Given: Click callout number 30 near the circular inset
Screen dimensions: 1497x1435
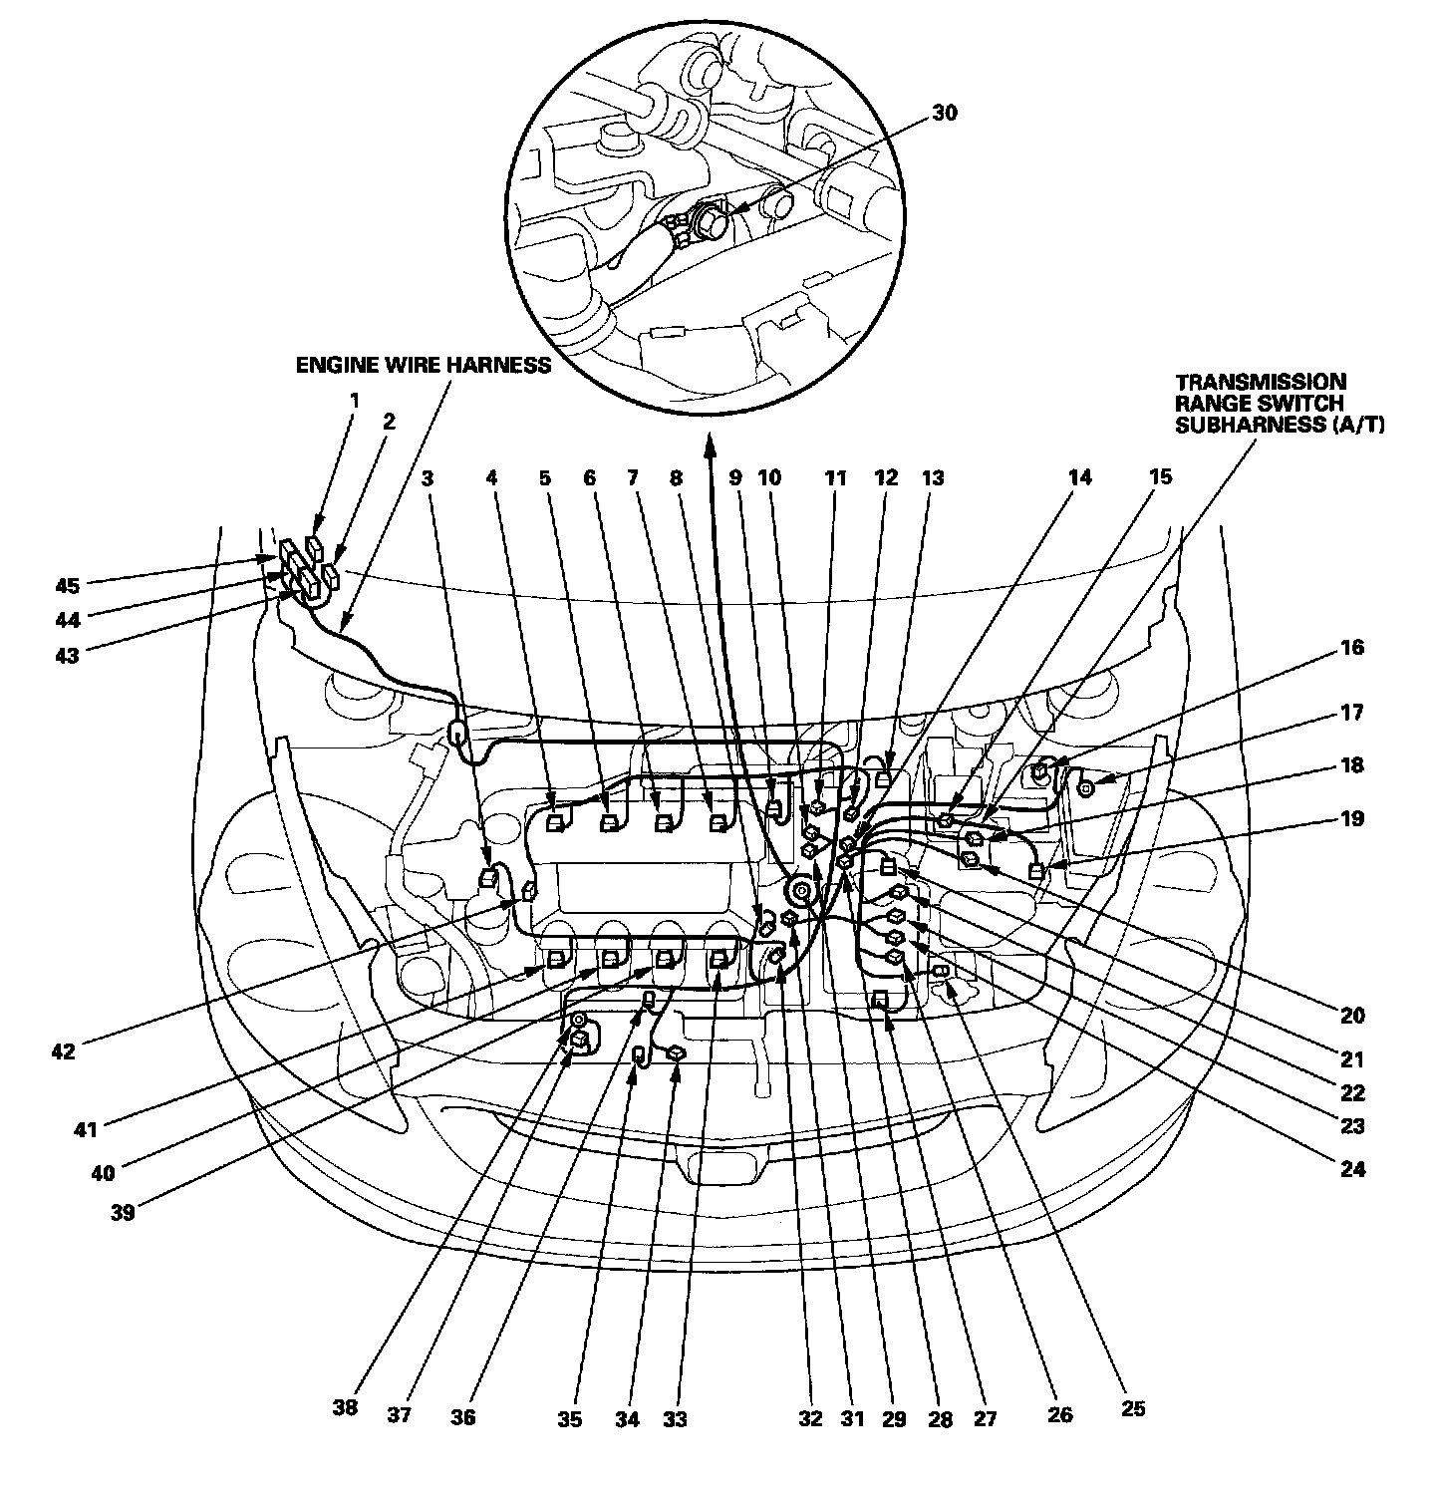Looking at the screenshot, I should tap(944, 113).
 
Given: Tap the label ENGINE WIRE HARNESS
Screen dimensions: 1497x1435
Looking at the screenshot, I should tap(423, 365).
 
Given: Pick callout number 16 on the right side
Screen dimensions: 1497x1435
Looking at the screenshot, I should tap(1351, 648).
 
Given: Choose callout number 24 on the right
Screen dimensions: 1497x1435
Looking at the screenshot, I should tap(1352, 1168).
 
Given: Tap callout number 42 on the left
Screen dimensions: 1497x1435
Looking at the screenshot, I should tap(63, 1050).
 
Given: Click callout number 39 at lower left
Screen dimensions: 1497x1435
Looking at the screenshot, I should tap(124, 1211).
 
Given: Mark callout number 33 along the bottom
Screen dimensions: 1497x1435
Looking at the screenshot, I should tap(675, 1419).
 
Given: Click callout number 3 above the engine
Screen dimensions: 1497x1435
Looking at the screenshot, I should tap(428, 477).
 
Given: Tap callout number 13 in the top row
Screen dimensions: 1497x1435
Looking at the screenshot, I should tap(931, 477).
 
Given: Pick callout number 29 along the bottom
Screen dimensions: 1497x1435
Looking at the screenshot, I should tap(894, 1419).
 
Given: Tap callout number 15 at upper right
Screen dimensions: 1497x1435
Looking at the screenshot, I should tap(1160, 477).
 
